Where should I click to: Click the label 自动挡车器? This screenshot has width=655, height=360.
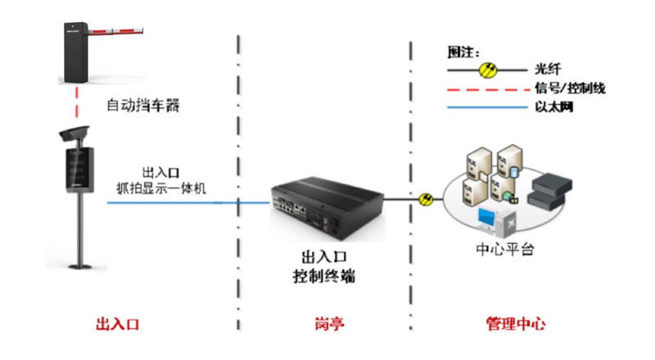coord(143,106)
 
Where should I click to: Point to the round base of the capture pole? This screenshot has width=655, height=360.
coord(80,264)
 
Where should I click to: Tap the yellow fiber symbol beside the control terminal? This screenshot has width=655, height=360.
coord(425,199)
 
